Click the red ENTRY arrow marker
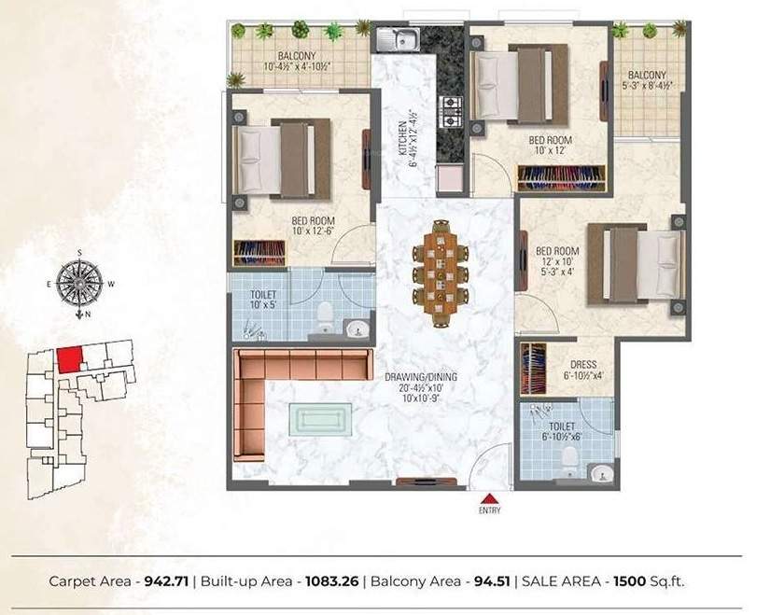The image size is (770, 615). pyautogui.click(x=490, y=497)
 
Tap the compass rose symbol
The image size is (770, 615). pyautogui.click(x=80, y=283)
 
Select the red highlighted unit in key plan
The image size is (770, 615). pyautogui.click(x=68, y=359)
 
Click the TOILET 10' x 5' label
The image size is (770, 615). pyautogui.click(x=262, y=298)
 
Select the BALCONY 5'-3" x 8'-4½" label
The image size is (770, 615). pyautogui.click(x=647, y=79)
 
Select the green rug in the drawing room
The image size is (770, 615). pyautogui.click(x=321, y=417)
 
